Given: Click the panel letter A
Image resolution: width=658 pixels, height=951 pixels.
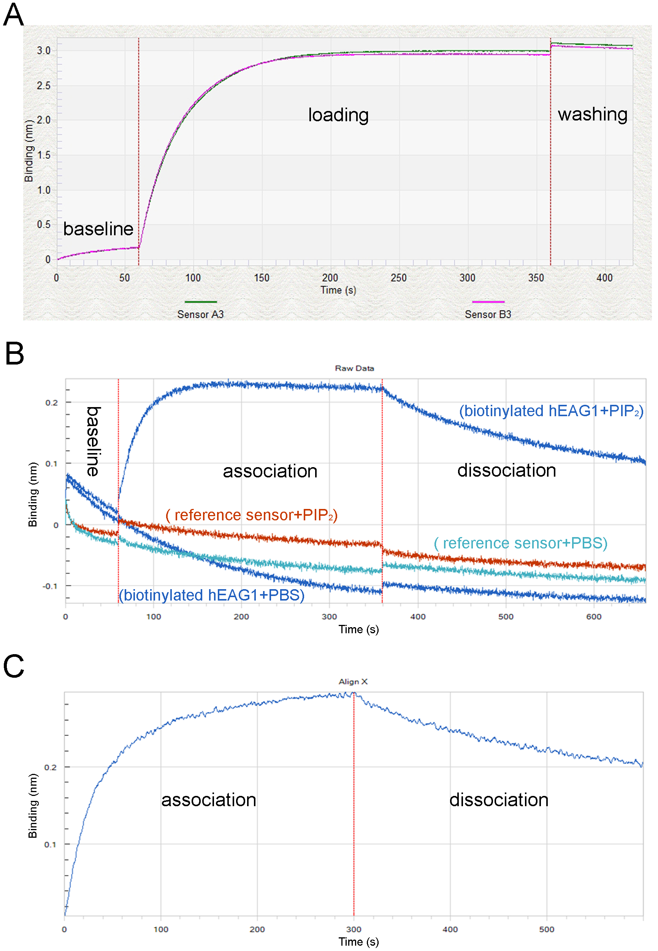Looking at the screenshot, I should [x=13, y=15].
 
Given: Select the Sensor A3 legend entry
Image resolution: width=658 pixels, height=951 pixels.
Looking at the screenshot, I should [x=200, y=314].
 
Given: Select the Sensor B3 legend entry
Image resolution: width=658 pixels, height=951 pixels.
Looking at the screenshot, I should [x=488, y=314].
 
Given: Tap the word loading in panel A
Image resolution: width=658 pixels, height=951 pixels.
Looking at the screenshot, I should [x=338, y=115].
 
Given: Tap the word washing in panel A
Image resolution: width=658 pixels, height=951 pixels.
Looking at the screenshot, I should [x=593, y=114].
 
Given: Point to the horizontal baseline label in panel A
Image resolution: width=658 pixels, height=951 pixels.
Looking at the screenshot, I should [x=98, y=229].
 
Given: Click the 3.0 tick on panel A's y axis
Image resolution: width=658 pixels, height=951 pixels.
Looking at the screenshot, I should [x=44, y=51].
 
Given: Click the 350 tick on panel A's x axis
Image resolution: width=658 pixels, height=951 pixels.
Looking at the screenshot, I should [x=536, y=278].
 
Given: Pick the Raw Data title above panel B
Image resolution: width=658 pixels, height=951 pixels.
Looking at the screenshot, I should [x=354, y=368].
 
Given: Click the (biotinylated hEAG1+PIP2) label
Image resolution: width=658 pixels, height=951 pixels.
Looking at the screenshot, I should [x=551, y=411].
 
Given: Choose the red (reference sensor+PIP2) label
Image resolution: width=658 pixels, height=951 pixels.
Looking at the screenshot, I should [x=252, y=515].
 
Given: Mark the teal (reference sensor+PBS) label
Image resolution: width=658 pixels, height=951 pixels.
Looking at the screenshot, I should [x=521, y=543].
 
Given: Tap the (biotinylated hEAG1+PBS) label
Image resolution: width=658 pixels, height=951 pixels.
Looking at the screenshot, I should [x=211, y=595].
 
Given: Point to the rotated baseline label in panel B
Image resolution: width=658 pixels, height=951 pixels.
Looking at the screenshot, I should [x=93, y=441].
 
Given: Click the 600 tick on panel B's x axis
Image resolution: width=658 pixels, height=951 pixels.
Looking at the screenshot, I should [x=594, y=617].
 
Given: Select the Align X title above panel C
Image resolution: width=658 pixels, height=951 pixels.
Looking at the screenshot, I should [x=353, y=682].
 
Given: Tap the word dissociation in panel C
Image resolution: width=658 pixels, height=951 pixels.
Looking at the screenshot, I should [x=499, y=800].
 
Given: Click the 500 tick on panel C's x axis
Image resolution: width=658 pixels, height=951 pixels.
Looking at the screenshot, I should [x=547, y=929].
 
